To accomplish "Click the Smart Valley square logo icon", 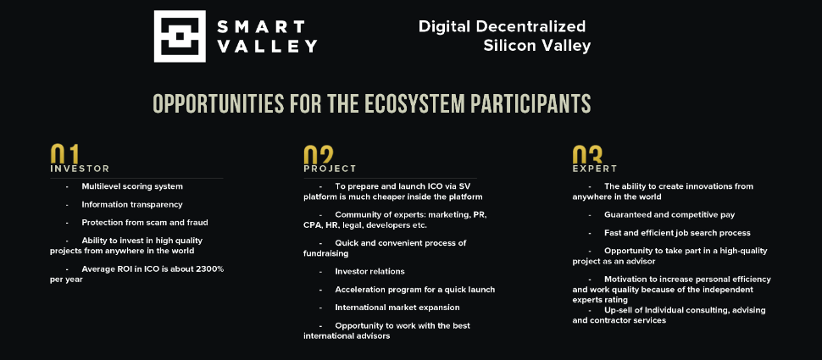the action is click(180, 36).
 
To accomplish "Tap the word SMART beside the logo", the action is click(260, 26).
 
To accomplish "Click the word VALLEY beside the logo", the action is click(267, 46).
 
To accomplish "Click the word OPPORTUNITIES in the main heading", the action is click(219, 103).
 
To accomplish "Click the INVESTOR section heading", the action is click(80, 169).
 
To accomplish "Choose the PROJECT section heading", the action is click(330, 169).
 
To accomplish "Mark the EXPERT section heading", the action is click(595, 169).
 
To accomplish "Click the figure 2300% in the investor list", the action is click(209, 269).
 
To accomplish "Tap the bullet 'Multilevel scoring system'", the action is click(132, 186).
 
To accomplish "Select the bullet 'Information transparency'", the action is click(132, 205).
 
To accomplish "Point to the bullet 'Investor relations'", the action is click(369, 271).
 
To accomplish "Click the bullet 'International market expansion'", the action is click(397, 307).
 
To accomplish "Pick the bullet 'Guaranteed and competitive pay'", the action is click(669, 215).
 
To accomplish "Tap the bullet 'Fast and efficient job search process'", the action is click(677, 233).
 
